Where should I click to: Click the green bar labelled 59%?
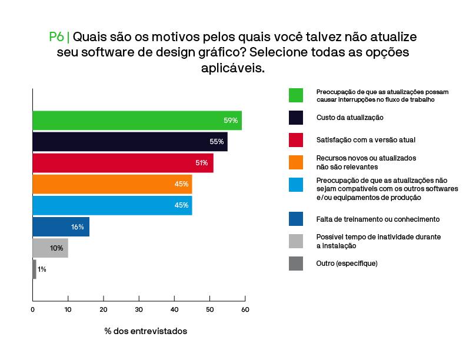tap(137, 121)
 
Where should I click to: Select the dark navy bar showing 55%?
tap(129, 142)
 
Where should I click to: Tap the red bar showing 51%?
tap(122, 163)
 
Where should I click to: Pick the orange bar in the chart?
tap(112, 184)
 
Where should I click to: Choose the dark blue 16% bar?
tap(61, 226)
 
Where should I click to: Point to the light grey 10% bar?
tap(50, 248)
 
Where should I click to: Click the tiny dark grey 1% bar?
tap(34, 269)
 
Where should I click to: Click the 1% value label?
tap(42, 269)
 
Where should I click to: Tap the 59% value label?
tap(231, 121)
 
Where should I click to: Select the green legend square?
tap(296, 95)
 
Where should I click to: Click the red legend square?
tap(296, 140)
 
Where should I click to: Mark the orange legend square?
tap(296, 162)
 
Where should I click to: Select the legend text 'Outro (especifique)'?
tap(347, 264)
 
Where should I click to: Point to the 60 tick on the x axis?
tap(245, 309)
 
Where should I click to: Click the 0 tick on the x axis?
tap(33, 309)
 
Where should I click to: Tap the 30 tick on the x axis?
tap(139, 309)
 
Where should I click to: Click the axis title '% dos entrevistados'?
tap(146, 331)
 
